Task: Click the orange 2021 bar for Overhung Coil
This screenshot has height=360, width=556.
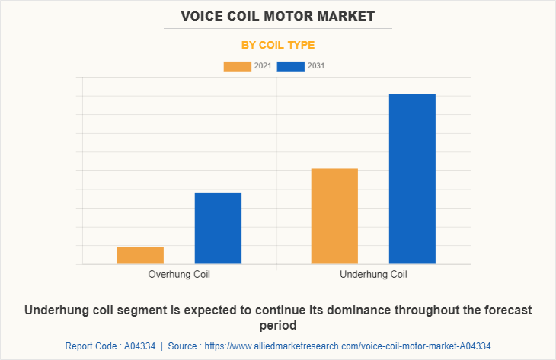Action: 140,256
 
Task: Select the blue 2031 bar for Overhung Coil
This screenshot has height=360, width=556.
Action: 218,228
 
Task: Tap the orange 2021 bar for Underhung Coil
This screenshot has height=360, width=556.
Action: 334,216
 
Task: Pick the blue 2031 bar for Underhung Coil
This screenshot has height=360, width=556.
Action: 412,179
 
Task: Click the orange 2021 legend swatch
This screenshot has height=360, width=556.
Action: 237,66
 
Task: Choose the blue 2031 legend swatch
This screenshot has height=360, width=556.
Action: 291,66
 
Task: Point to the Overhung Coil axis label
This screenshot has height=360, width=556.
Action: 179,274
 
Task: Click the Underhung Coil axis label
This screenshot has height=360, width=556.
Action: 373,274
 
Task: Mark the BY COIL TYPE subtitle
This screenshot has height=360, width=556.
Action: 278,45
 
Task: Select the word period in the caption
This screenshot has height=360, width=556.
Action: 278,325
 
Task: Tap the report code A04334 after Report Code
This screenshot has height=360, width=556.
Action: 139,346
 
